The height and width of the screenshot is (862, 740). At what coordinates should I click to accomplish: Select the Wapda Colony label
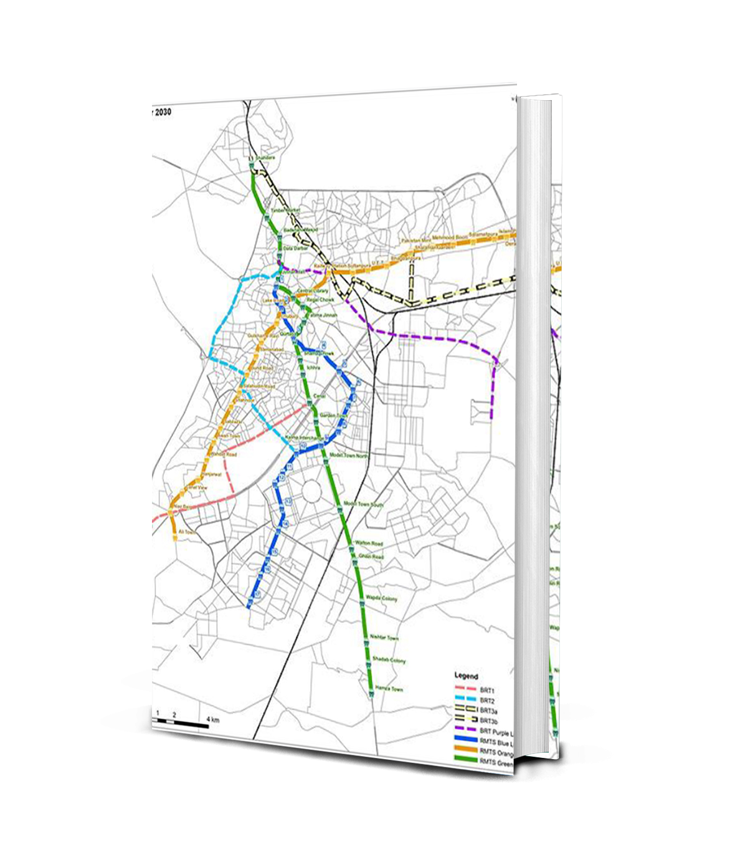pos(382,598)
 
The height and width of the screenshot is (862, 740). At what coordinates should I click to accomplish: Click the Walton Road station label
pos(369,544)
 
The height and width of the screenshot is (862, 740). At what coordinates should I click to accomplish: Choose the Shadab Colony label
pos(389,660)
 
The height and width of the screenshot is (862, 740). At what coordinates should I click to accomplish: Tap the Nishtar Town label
pos(384,638)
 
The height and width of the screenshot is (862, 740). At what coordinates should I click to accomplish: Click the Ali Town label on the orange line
pos(187,532)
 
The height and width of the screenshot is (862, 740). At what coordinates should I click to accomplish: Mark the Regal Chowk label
pos(321,300)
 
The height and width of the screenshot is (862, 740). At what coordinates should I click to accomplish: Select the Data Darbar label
pos(292,248)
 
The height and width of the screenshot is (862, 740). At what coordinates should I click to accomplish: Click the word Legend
pos(466,676)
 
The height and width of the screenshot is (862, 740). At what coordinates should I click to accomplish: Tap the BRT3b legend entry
pos(488,721)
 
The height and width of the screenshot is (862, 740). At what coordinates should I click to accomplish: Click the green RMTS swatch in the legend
pos(465,760)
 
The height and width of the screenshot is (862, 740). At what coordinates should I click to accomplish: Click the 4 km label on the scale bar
pos(212,720)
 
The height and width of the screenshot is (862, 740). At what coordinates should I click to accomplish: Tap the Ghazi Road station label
pos(371,556)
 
